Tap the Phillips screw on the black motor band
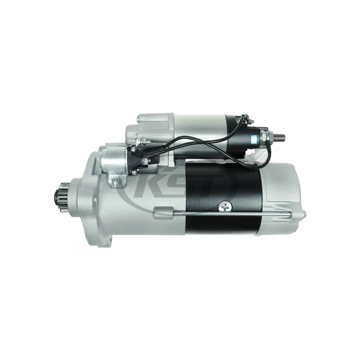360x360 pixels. click(x=225, y=206)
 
